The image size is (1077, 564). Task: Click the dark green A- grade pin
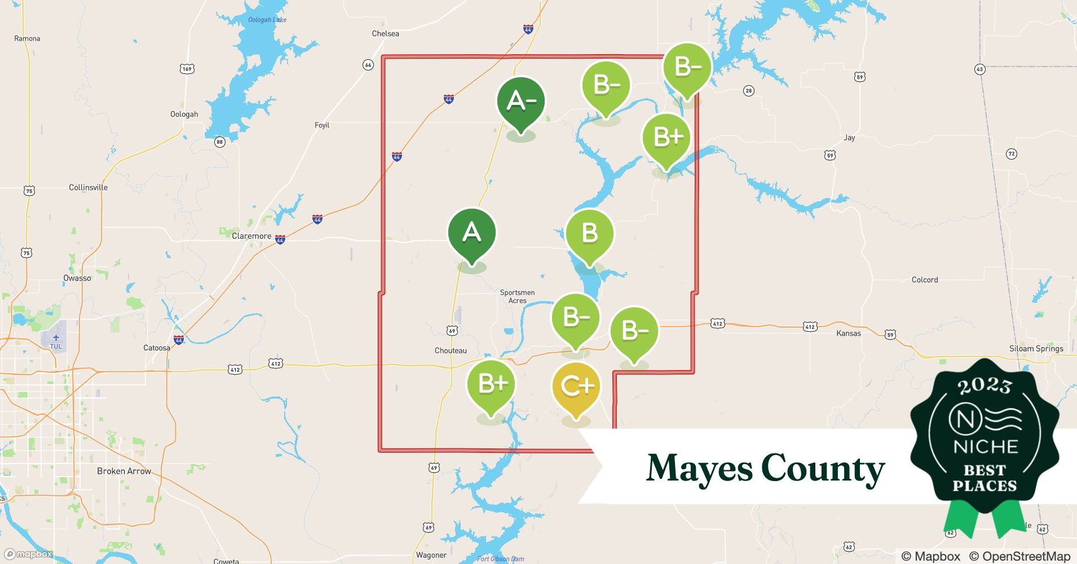tap(521, 102)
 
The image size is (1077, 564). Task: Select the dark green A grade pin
tap(472, 232)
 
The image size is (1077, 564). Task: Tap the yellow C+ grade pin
tap(576, 386)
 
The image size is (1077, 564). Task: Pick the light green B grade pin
tap(589, 233)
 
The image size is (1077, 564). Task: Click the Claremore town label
tap(251, 236)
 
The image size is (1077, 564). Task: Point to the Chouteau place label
tap(451, 350)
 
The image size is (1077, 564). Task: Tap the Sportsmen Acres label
tap(517, 296)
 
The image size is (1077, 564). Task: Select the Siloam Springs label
tap(1036, 349)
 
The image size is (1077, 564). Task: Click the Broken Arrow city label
tap(124, 471)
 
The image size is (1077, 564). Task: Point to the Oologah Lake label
tap(267, 20)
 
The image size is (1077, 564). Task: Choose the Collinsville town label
tap(88, 187)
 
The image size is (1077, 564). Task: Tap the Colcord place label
tap(925, 280)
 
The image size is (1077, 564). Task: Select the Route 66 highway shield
tap(368, 65)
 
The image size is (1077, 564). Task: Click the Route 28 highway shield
tap(748, 90)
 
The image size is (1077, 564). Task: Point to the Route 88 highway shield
tap(220, 142)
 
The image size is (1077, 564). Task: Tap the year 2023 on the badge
tap(985, 386)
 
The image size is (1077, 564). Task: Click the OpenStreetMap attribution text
tap(1019, 556)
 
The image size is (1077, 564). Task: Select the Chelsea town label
tap(385, 33)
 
